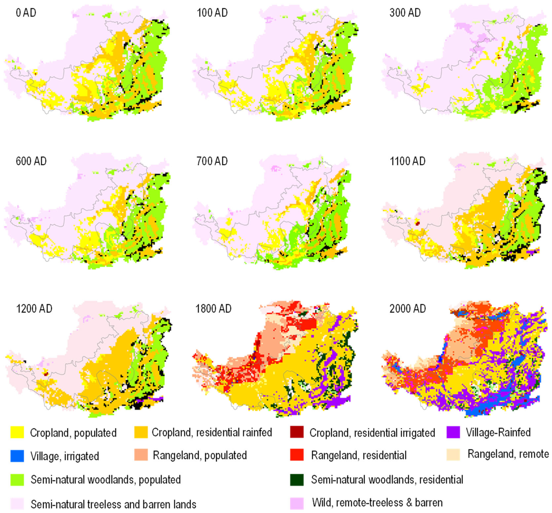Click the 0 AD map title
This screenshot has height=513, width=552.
(x=26, y=13)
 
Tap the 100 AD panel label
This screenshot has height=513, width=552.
(x=212, y=13)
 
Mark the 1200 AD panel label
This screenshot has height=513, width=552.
(x=34, y=309)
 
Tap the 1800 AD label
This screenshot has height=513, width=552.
(x=213, y=309)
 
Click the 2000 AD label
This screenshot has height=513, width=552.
(x=407, y=309)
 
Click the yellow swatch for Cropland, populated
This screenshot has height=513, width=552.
(x=17, y=432)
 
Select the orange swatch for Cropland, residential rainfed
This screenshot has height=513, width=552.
(x=141, y=432)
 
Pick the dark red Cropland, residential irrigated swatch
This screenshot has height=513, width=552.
(x=296, y=432)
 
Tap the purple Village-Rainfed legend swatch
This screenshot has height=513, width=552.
(x=453, y=432)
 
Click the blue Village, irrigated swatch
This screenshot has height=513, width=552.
(x=17, y=456)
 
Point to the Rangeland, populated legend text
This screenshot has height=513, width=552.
(x=200, y=455)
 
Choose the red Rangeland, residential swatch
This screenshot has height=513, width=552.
(x=296, y=455)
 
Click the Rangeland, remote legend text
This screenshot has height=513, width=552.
(x=508, y=454)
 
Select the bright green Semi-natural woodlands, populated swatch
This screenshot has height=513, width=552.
(x=17, y=480)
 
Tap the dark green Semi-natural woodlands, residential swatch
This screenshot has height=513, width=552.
(x=296, y=480)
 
